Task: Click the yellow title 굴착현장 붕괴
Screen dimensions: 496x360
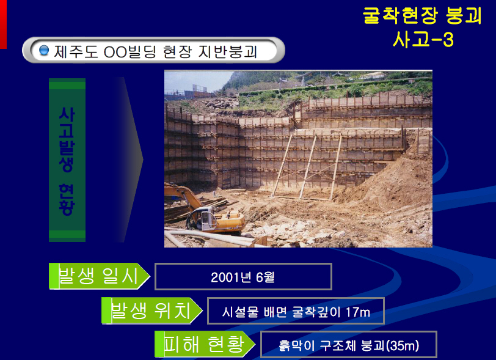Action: pyautogui.click(x=422, y=15)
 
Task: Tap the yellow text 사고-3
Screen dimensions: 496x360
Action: pyautogui.click(x=423, y=40)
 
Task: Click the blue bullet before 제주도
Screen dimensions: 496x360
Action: pyautogui.click(x=43, y=50)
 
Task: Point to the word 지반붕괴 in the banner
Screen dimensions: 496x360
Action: pyautogui.click(x=227, y=51)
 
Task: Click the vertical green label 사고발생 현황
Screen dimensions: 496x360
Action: pyautogui.click(x=67, y=160)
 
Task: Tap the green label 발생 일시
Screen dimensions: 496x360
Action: pyautogui.click(x=98, y=276)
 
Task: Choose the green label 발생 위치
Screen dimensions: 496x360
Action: pyautogui.click(x=150, y=310)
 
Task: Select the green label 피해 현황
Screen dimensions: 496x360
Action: pyautogui.click(x=204, y=344)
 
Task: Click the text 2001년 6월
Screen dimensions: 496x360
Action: pyautogui.click(x=243, y=277)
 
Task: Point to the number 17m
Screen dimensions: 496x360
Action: pyautogui.click(x=358, y=312)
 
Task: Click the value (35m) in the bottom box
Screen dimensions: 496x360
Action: pyautogui.click(x=403, y=345)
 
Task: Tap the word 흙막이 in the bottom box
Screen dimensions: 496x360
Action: pyautogui.click(x=297, y=345)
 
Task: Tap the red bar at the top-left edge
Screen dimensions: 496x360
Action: pyautogui.click(x=3, y=24)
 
